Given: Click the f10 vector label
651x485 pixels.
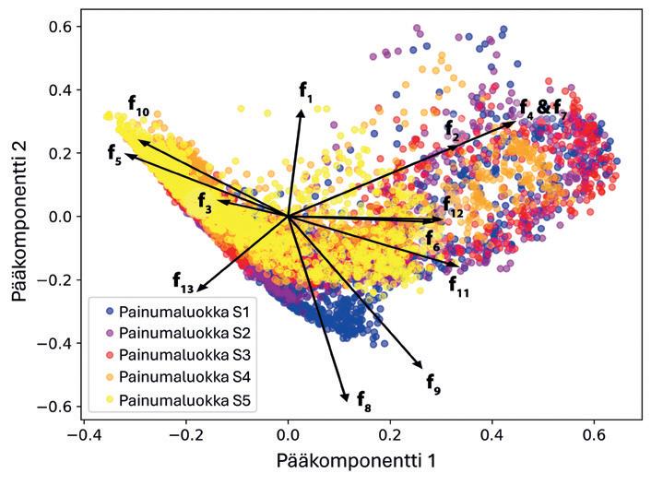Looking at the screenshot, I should (x=138, y=106).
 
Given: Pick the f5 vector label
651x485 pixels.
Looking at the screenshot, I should (x=114, y=152).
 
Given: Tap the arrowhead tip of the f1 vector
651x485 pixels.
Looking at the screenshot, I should (x=301, y=107).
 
